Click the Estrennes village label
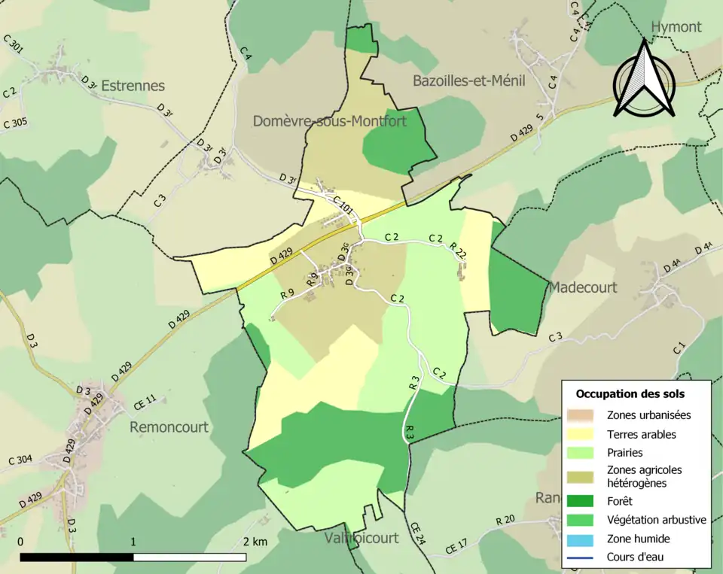(x=133, y=85)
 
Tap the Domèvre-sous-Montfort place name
(x=329, y=120)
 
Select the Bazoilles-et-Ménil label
(x=468, y=80)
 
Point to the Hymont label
(x=676, y=27)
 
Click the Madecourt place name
(x=582, y=287)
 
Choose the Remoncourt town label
(x=169, y=427)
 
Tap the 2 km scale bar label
(x=255, y=542)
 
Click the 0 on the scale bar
(x=20, y=542)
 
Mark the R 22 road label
(x=459, y=252)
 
